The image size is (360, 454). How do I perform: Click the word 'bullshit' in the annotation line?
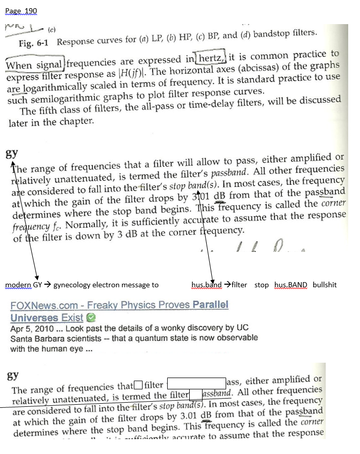coord(325,285)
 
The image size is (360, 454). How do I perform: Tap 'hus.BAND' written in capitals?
coord(291,285)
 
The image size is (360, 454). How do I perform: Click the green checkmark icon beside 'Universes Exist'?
coord(91,318)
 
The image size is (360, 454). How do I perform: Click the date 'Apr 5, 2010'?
coord(30,328)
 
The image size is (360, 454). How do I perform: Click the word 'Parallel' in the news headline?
coord(210,305)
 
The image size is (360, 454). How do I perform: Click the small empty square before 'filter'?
coord(137,385)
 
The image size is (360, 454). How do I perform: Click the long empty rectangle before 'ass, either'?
coord(197,383)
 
